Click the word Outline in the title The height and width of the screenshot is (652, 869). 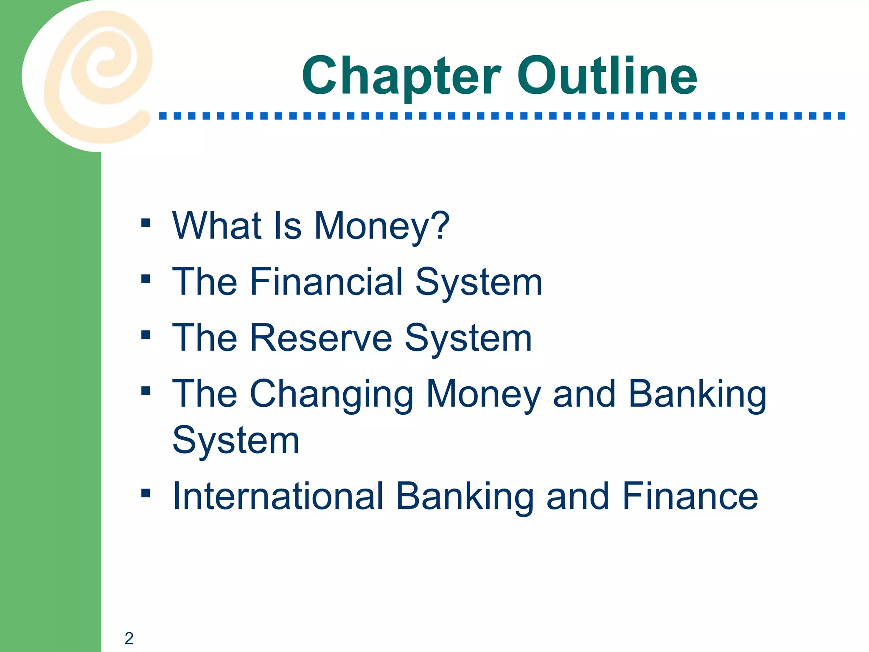(x=607, y=76)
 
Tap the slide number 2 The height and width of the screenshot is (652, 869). (x=129, y=638)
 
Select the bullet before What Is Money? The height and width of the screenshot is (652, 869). (x=146, y=223)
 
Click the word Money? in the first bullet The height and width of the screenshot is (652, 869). (x=381, y=226)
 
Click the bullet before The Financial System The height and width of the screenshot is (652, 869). (x=146, y=279)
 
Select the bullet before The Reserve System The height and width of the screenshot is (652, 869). (x=146, y=335)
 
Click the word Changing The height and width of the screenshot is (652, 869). (x=331, y=395)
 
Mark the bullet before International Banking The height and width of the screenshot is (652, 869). (x=146, y=493)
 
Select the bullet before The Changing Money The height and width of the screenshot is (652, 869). (x=146, y=391)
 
